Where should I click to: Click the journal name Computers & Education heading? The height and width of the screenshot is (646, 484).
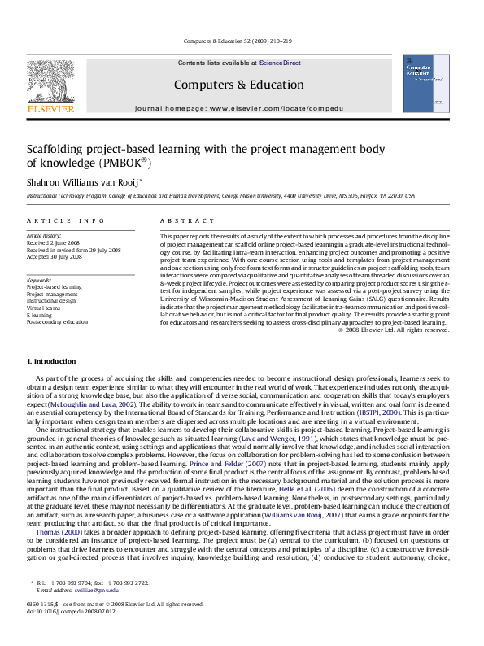pyautogui.click(x=238, y=85)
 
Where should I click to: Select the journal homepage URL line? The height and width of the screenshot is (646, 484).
pyautogui.click(x=238, y=107)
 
